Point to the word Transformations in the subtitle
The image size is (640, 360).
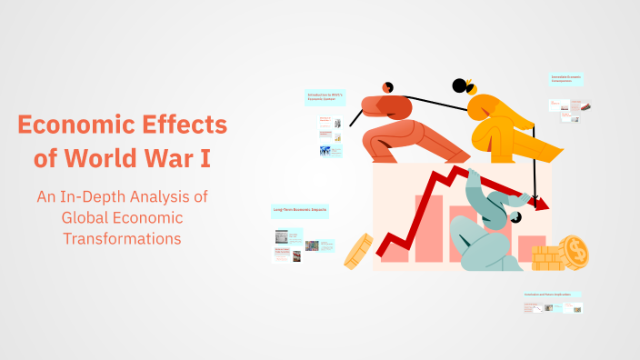122,238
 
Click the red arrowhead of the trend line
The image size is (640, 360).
542,204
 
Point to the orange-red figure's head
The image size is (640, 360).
387,87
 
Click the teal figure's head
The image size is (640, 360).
515,217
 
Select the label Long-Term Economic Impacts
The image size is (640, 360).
300,210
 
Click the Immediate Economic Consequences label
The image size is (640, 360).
566,79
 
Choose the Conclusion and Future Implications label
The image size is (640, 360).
552,295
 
